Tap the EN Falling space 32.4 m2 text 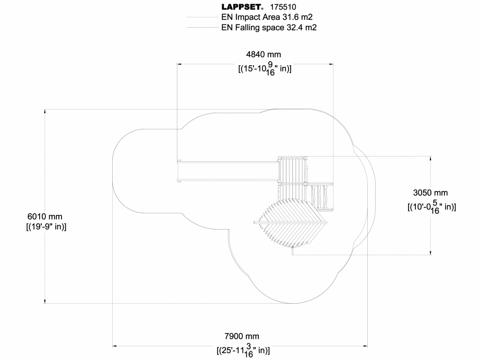(x=269, y=28)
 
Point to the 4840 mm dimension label (x=264, y=55)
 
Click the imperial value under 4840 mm (x=264, y=69)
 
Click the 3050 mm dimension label (x=431, y=193)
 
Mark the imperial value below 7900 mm (x=242, y=351)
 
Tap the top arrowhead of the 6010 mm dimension (x=45, y=111)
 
